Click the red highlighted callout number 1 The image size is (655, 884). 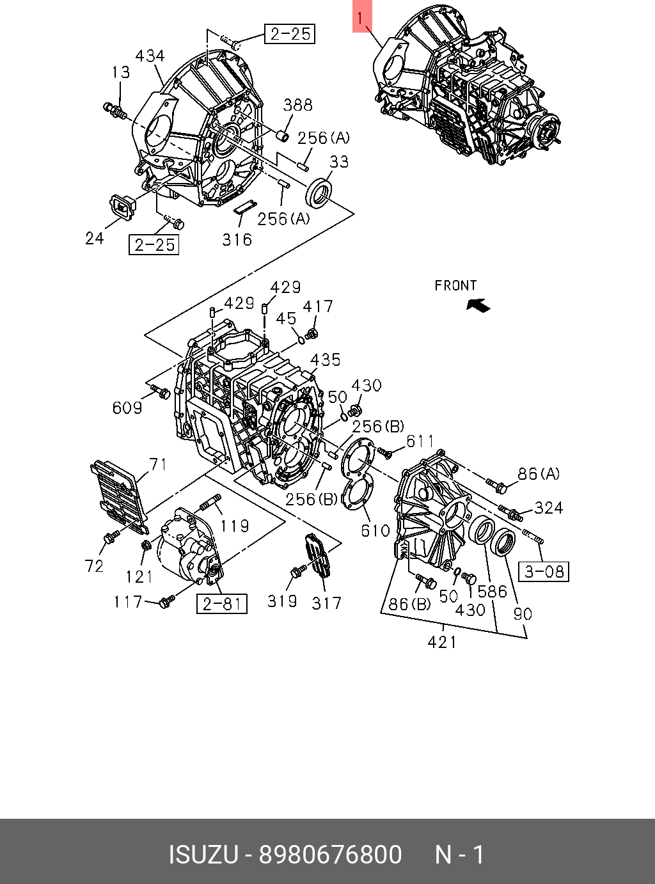tap(362, 16)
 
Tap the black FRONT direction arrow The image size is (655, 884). tap(478, 305)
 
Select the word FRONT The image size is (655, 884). tap(455, 285)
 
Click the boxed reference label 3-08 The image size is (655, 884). tap(544, 572)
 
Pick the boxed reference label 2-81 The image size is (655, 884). tap(222, 603)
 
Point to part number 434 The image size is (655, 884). tap(150, 56)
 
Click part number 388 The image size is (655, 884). tap(298, 105)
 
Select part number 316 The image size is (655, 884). tap(237, 239)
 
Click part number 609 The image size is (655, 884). tap(127, 407)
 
